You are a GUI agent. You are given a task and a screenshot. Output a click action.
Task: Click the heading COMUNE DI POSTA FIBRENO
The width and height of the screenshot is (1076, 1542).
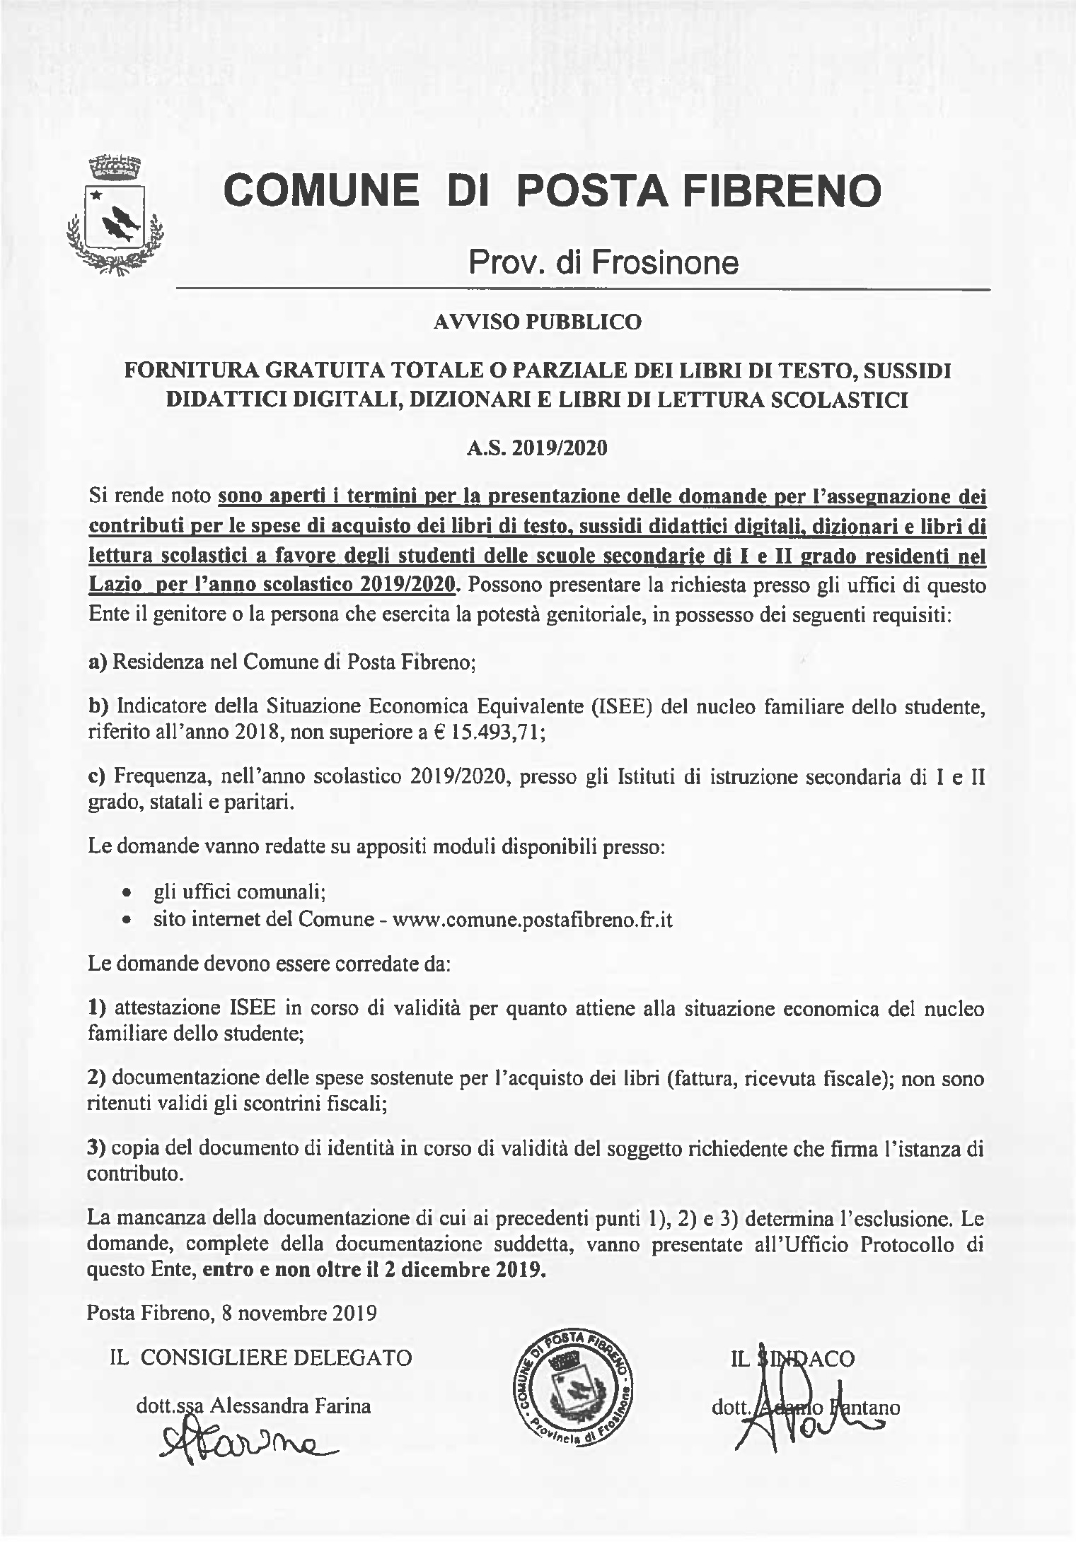tap(553, 190)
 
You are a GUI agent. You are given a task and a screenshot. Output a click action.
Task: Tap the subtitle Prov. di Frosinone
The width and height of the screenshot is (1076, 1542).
tap(603, 262)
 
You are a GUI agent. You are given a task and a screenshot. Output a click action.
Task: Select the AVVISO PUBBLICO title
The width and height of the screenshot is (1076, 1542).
tap(538, 322)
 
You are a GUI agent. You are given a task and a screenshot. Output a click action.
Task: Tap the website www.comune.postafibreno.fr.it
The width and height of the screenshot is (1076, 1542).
tap(532, 919)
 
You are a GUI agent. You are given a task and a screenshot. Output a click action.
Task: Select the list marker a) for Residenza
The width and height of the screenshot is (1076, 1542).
tap(97, 662)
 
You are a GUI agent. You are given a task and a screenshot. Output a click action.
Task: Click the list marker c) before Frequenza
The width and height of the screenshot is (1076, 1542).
tap(97, 777)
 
